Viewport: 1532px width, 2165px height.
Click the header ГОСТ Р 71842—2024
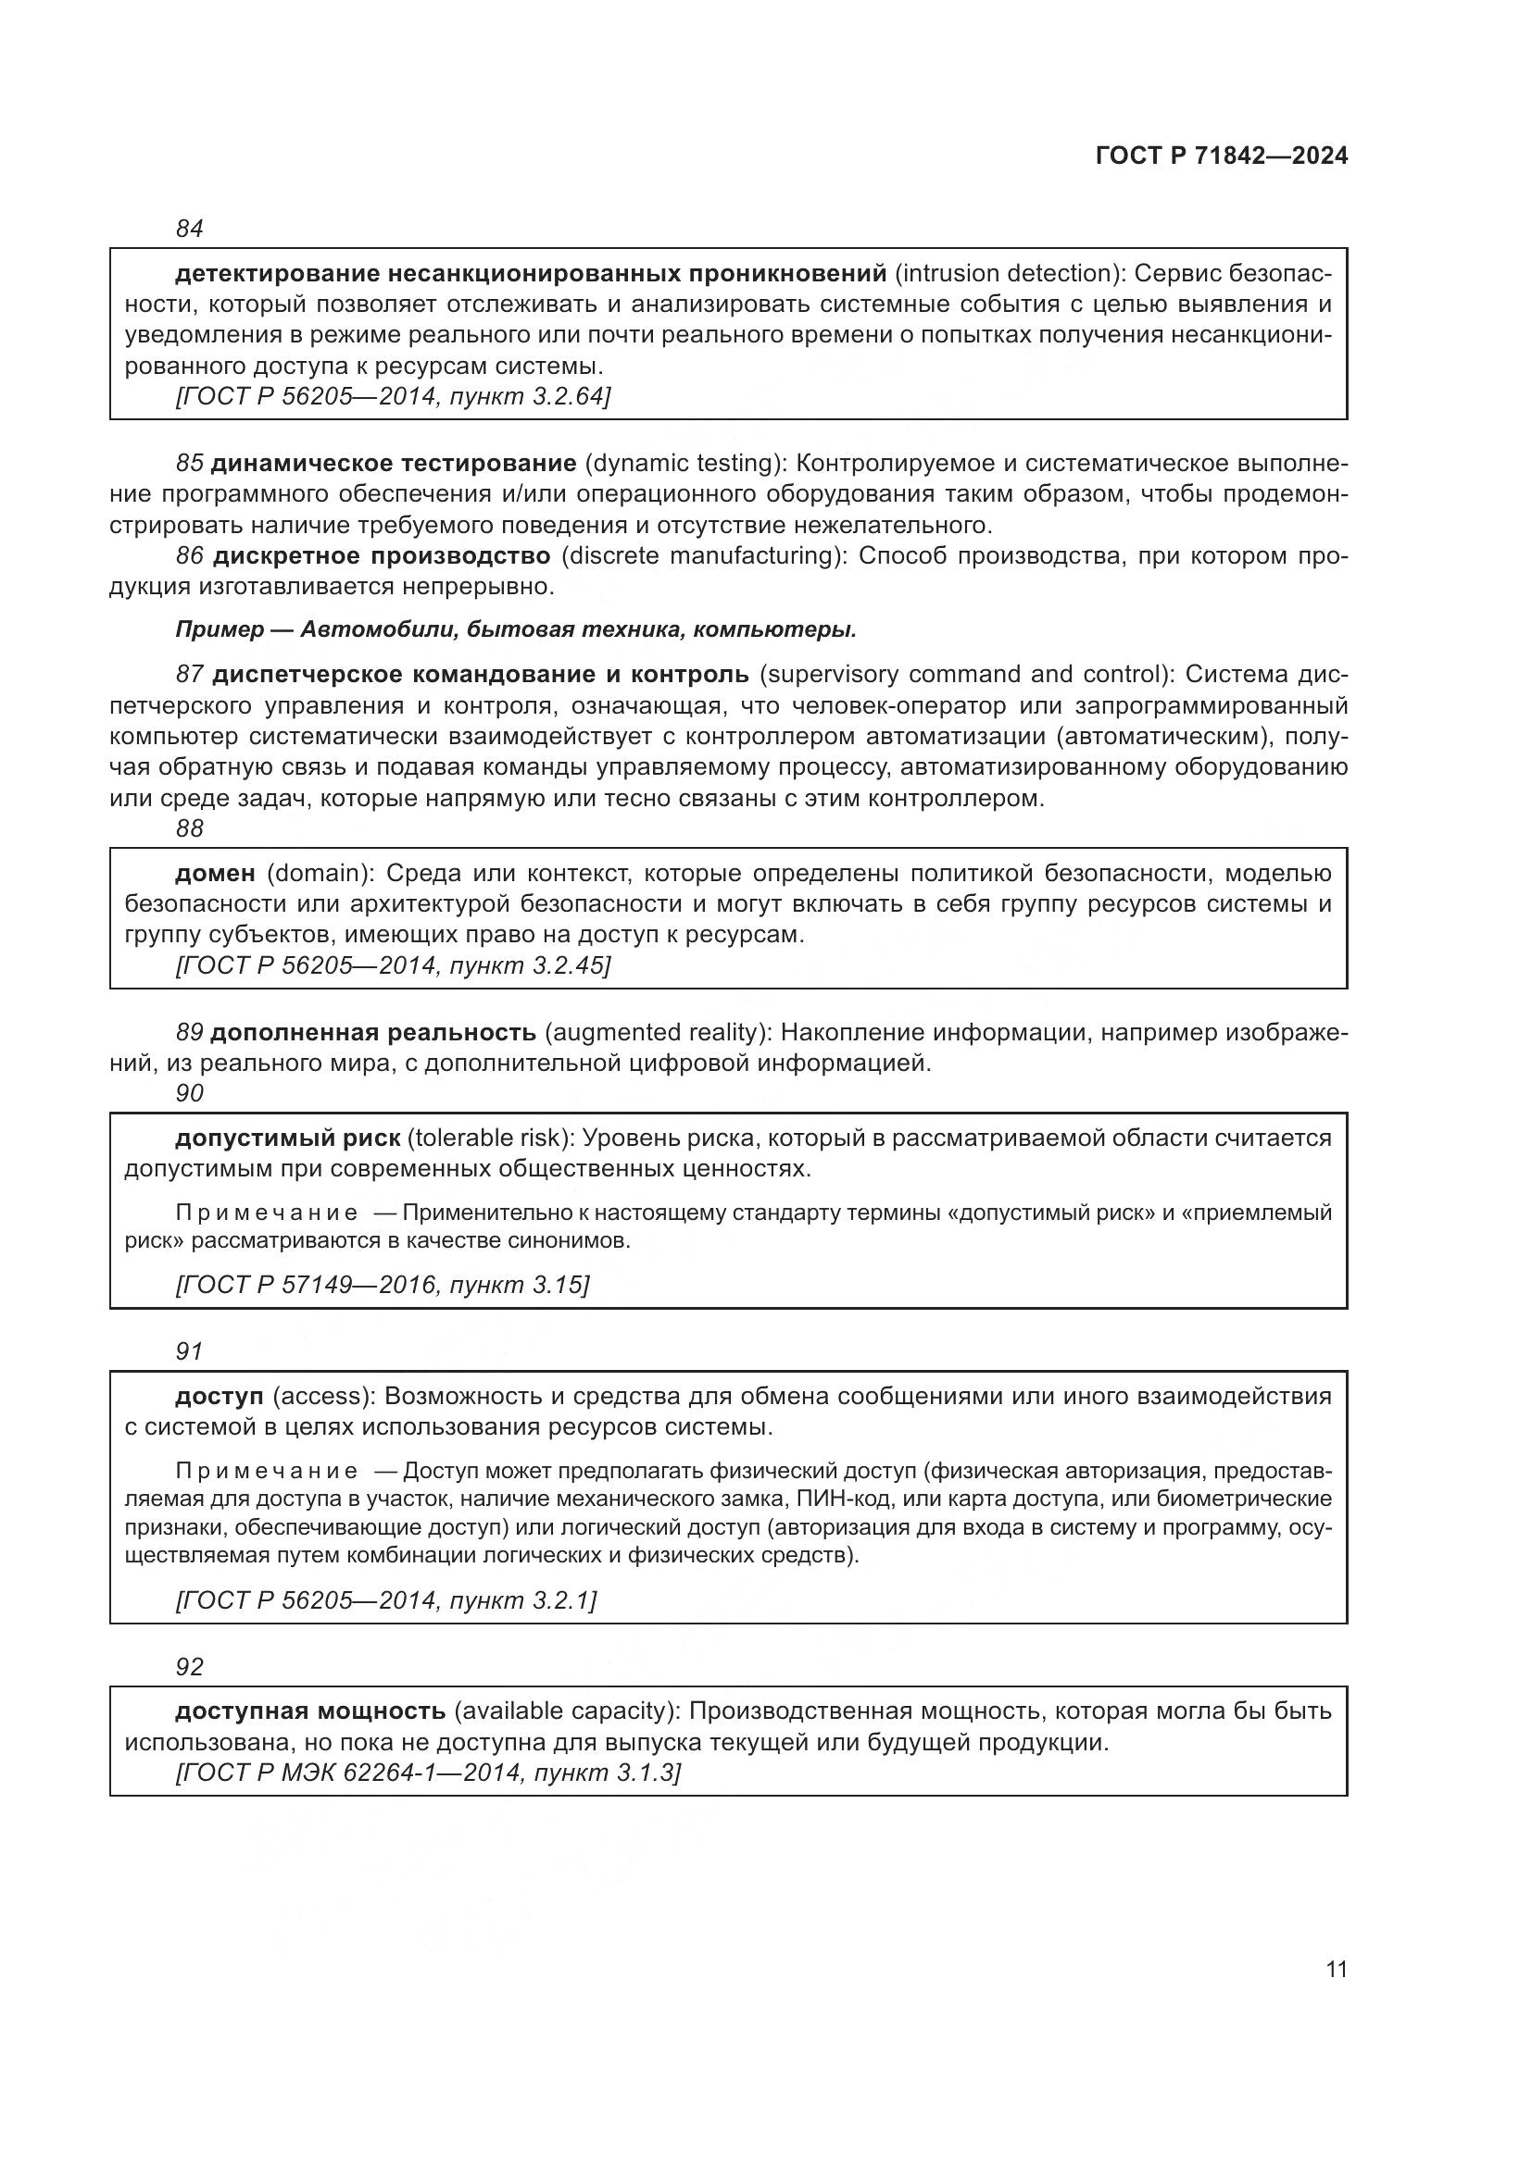coord(1221,156)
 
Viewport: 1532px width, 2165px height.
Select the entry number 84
coord(190,229)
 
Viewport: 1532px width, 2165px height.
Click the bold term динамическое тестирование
coord(394,463)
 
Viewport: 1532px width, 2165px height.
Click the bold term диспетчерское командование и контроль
coord(480,674)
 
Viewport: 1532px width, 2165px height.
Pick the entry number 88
coord(190,827)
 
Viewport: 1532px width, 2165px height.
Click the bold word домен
coord(215,873)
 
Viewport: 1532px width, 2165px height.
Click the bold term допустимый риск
coord(288,1138)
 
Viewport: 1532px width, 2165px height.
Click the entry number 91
coord(190,1350)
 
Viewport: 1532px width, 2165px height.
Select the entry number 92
coord(190,1666)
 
